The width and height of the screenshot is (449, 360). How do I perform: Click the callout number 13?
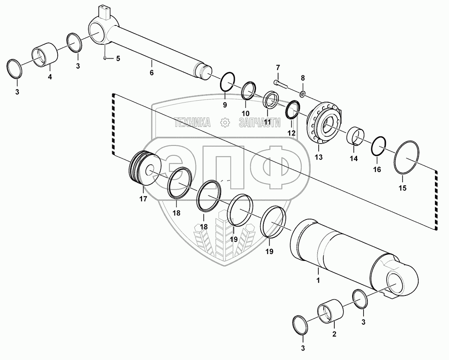(x=319, y=157)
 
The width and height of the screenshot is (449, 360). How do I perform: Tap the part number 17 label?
(x=143, y=199)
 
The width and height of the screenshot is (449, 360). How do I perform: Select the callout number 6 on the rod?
(x=152, y=73)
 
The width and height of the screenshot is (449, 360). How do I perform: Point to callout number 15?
(x=402, y=188)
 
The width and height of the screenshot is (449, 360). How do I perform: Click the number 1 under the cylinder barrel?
(x=318, y=281)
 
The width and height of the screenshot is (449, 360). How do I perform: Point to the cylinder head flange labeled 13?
(x=325, y=123)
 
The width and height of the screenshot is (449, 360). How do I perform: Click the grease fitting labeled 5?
(x=104, y=58)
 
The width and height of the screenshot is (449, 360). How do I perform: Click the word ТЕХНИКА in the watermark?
(x=193, y=122)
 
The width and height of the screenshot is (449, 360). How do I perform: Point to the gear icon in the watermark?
(x=225, y=122)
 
